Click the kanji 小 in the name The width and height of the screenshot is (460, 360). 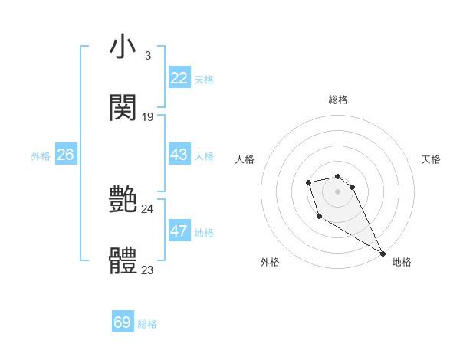[x=123, y=47]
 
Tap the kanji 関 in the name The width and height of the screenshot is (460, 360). [x=123, y=107]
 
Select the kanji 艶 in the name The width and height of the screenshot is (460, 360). [x=123, y=201]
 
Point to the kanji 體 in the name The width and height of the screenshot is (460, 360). [x=123, y=261]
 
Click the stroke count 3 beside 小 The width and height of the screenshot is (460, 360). [x=147, y=56]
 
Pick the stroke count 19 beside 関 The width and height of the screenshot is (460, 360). [x=148, y=117]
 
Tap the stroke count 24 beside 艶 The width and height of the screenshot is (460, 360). [x=148, y=209]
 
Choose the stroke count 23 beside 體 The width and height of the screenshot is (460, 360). [x=148, y=270]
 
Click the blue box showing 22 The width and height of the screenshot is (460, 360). [x=179, y=78]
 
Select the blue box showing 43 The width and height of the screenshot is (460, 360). [x=179, y=155]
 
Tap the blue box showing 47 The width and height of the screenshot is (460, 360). [x=179, y=231]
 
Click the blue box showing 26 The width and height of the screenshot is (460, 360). [x=65, y=155]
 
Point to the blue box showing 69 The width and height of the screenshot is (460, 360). [x=123, y=322]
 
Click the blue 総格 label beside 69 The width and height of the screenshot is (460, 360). [x=147, y=324]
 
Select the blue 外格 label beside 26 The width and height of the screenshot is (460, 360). [x=41, y=156]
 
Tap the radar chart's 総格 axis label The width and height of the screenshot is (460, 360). [x=338, y=100]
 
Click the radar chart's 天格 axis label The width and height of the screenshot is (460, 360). [x=431, y=159]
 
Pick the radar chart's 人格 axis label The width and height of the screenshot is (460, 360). [x=245, y=159]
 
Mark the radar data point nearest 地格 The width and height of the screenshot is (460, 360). [x=383, y=254]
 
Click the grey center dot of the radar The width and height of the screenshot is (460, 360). [x=337, y=191]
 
